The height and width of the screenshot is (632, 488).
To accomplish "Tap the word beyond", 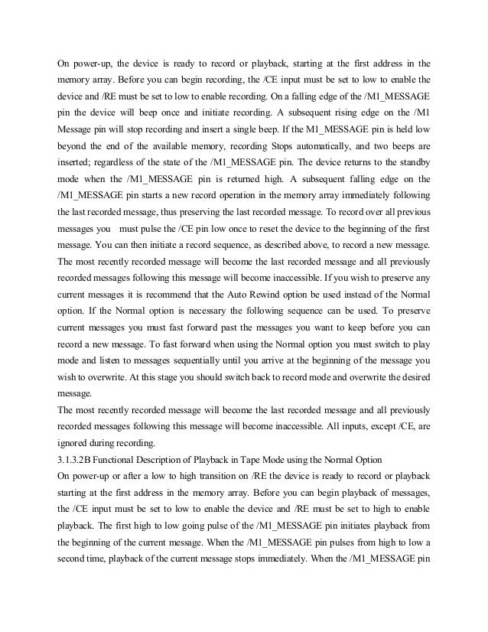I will [x=75, y=142].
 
